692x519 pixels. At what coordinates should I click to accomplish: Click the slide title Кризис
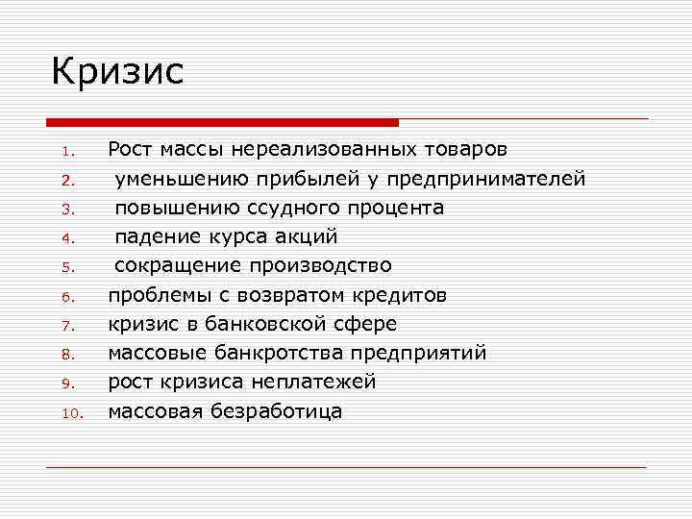click(x=116, y=72)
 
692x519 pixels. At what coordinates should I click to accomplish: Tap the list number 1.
click(x=66, y=152)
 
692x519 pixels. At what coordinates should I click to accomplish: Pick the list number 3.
click(x=66, y=210)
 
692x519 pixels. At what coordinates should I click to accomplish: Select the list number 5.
click(x=66, y=267)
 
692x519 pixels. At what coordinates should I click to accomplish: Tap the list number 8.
click(x=66, y=354)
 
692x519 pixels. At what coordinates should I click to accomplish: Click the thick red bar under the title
click(x=221, y=122)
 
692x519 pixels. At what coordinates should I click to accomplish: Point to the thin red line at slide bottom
click(x=346, y=467)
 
